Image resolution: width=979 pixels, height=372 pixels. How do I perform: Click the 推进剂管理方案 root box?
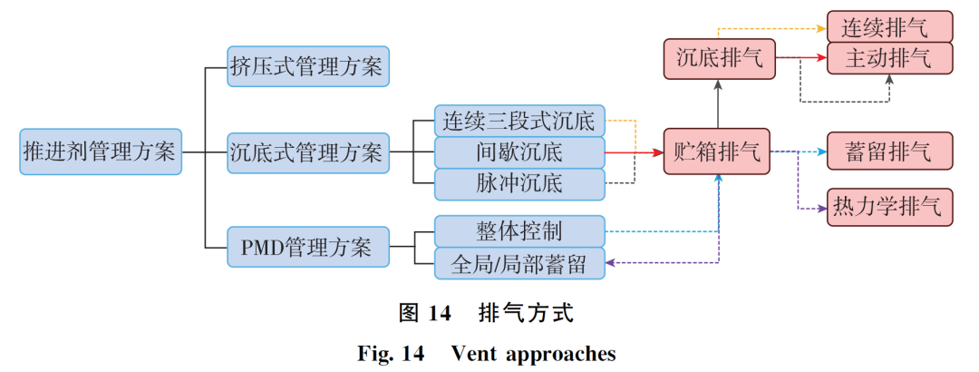click(101, 152)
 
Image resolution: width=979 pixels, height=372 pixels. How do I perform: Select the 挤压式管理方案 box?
click(308, 66)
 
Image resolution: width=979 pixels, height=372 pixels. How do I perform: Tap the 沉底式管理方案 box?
click(308, 152)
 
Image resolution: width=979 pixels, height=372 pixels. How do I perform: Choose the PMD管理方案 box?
click(308, 246)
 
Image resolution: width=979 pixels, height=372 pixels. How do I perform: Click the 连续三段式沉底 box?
click(519, 120)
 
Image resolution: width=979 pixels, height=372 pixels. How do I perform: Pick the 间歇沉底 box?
click(519, 152)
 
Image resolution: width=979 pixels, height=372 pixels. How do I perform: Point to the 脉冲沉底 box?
click(519, 183)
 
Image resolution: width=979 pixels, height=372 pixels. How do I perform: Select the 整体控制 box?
click(519, 230)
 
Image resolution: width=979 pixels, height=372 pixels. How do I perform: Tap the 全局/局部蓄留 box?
click(519, 263)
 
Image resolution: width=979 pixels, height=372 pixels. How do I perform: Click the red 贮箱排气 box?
click(717, 152)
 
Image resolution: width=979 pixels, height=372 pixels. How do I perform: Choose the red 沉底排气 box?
click(717, 59)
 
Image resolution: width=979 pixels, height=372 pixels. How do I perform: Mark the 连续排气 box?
click(889, 27)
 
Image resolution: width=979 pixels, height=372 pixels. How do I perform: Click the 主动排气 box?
click(889, 59)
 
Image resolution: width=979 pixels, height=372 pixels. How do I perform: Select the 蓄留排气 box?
click(889, 152)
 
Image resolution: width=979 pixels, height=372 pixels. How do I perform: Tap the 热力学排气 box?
click(889, 208)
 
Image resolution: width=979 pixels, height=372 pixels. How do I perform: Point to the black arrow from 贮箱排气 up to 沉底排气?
click(717, 104)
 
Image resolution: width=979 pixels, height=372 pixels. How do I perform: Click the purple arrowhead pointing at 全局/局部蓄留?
click(611, 263)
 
